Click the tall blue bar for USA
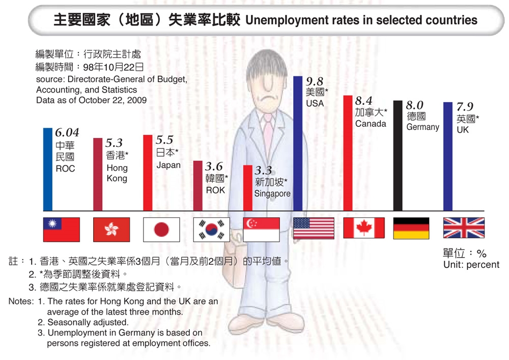[x=298, y=143]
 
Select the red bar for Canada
[x=348, y=153]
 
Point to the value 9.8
[x=315, y=81]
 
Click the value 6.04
[x=67, y=133]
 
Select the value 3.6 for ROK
[x=214, y=166]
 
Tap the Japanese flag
[x=161, y=229]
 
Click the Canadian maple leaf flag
[x=363, y=228]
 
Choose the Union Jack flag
[x=464, y=228]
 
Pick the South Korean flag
[x=212, y=229]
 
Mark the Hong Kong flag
[x=111, y=229]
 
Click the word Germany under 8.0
[x=422, y=127]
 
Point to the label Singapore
[x=272, y=193]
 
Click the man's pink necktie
[x=268, y=132]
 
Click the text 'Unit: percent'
[x=471, y=265]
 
